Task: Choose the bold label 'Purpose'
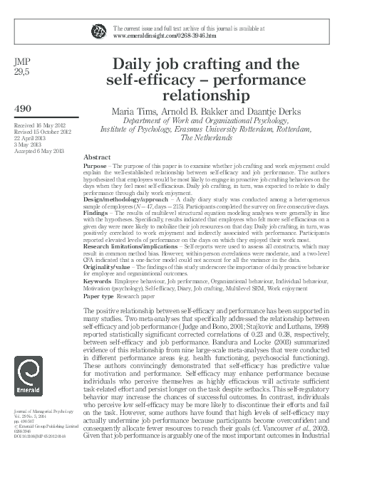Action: coord(95,164)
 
